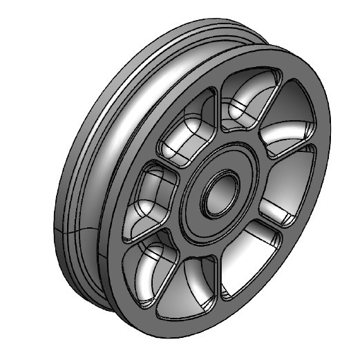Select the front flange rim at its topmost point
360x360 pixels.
pyautogui.click(x=276, y=50)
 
